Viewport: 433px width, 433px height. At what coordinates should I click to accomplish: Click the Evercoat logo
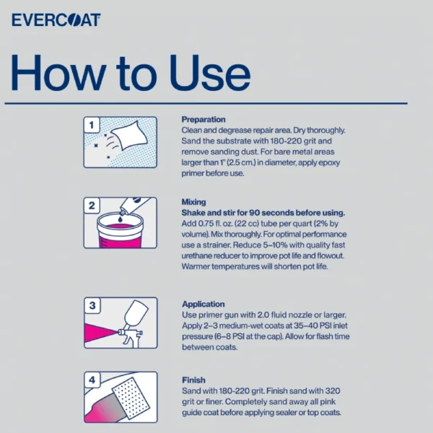click(56, 19)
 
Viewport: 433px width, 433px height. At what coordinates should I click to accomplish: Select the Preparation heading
click(204, 119)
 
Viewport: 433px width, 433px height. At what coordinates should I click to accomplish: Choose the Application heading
click(204, 305)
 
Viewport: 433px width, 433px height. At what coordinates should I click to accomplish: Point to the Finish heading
click(193, 380)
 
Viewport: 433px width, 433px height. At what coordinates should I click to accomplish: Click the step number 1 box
click(92, 125)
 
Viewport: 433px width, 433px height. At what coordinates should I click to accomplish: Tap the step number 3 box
click(92, 306)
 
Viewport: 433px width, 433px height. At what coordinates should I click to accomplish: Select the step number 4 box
click(92, 380)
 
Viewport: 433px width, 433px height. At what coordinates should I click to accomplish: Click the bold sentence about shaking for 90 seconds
click(263, 213)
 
